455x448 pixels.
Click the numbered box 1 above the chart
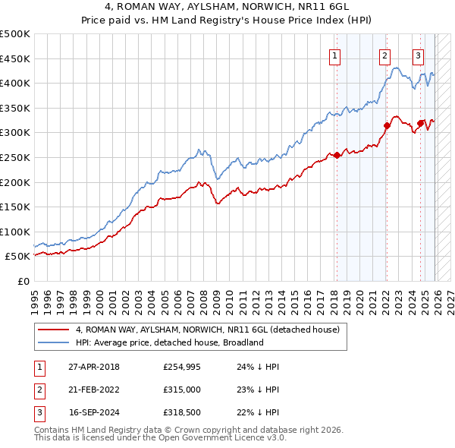(334, 55)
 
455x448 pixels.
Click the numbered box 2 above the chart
(384, 55)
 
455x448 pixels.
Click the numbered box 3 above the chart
(418, 55)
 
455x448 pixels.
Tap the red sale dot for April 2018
(337, 156)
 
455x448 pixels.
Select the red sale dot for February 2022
(387, 126)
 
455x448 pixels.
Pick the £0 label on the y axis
(23, 281)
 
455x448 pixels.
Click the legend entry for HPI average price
(169, 342)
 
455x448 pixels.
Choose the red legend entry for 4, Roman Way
(212, 330)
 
